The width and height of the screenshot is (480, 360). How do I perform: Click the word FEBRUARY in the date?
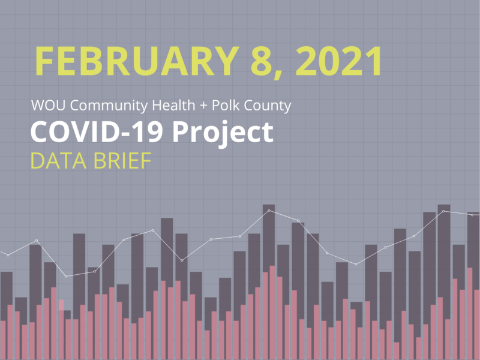(128, 60)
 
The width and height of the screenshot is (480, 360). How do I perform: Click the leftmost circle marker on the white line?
(8, 255)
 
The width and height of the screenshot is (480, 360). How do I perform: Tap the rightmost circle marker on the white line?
(472, 214)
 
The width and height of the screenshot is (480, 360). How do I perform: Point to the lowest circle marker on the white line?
(66, 276)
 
